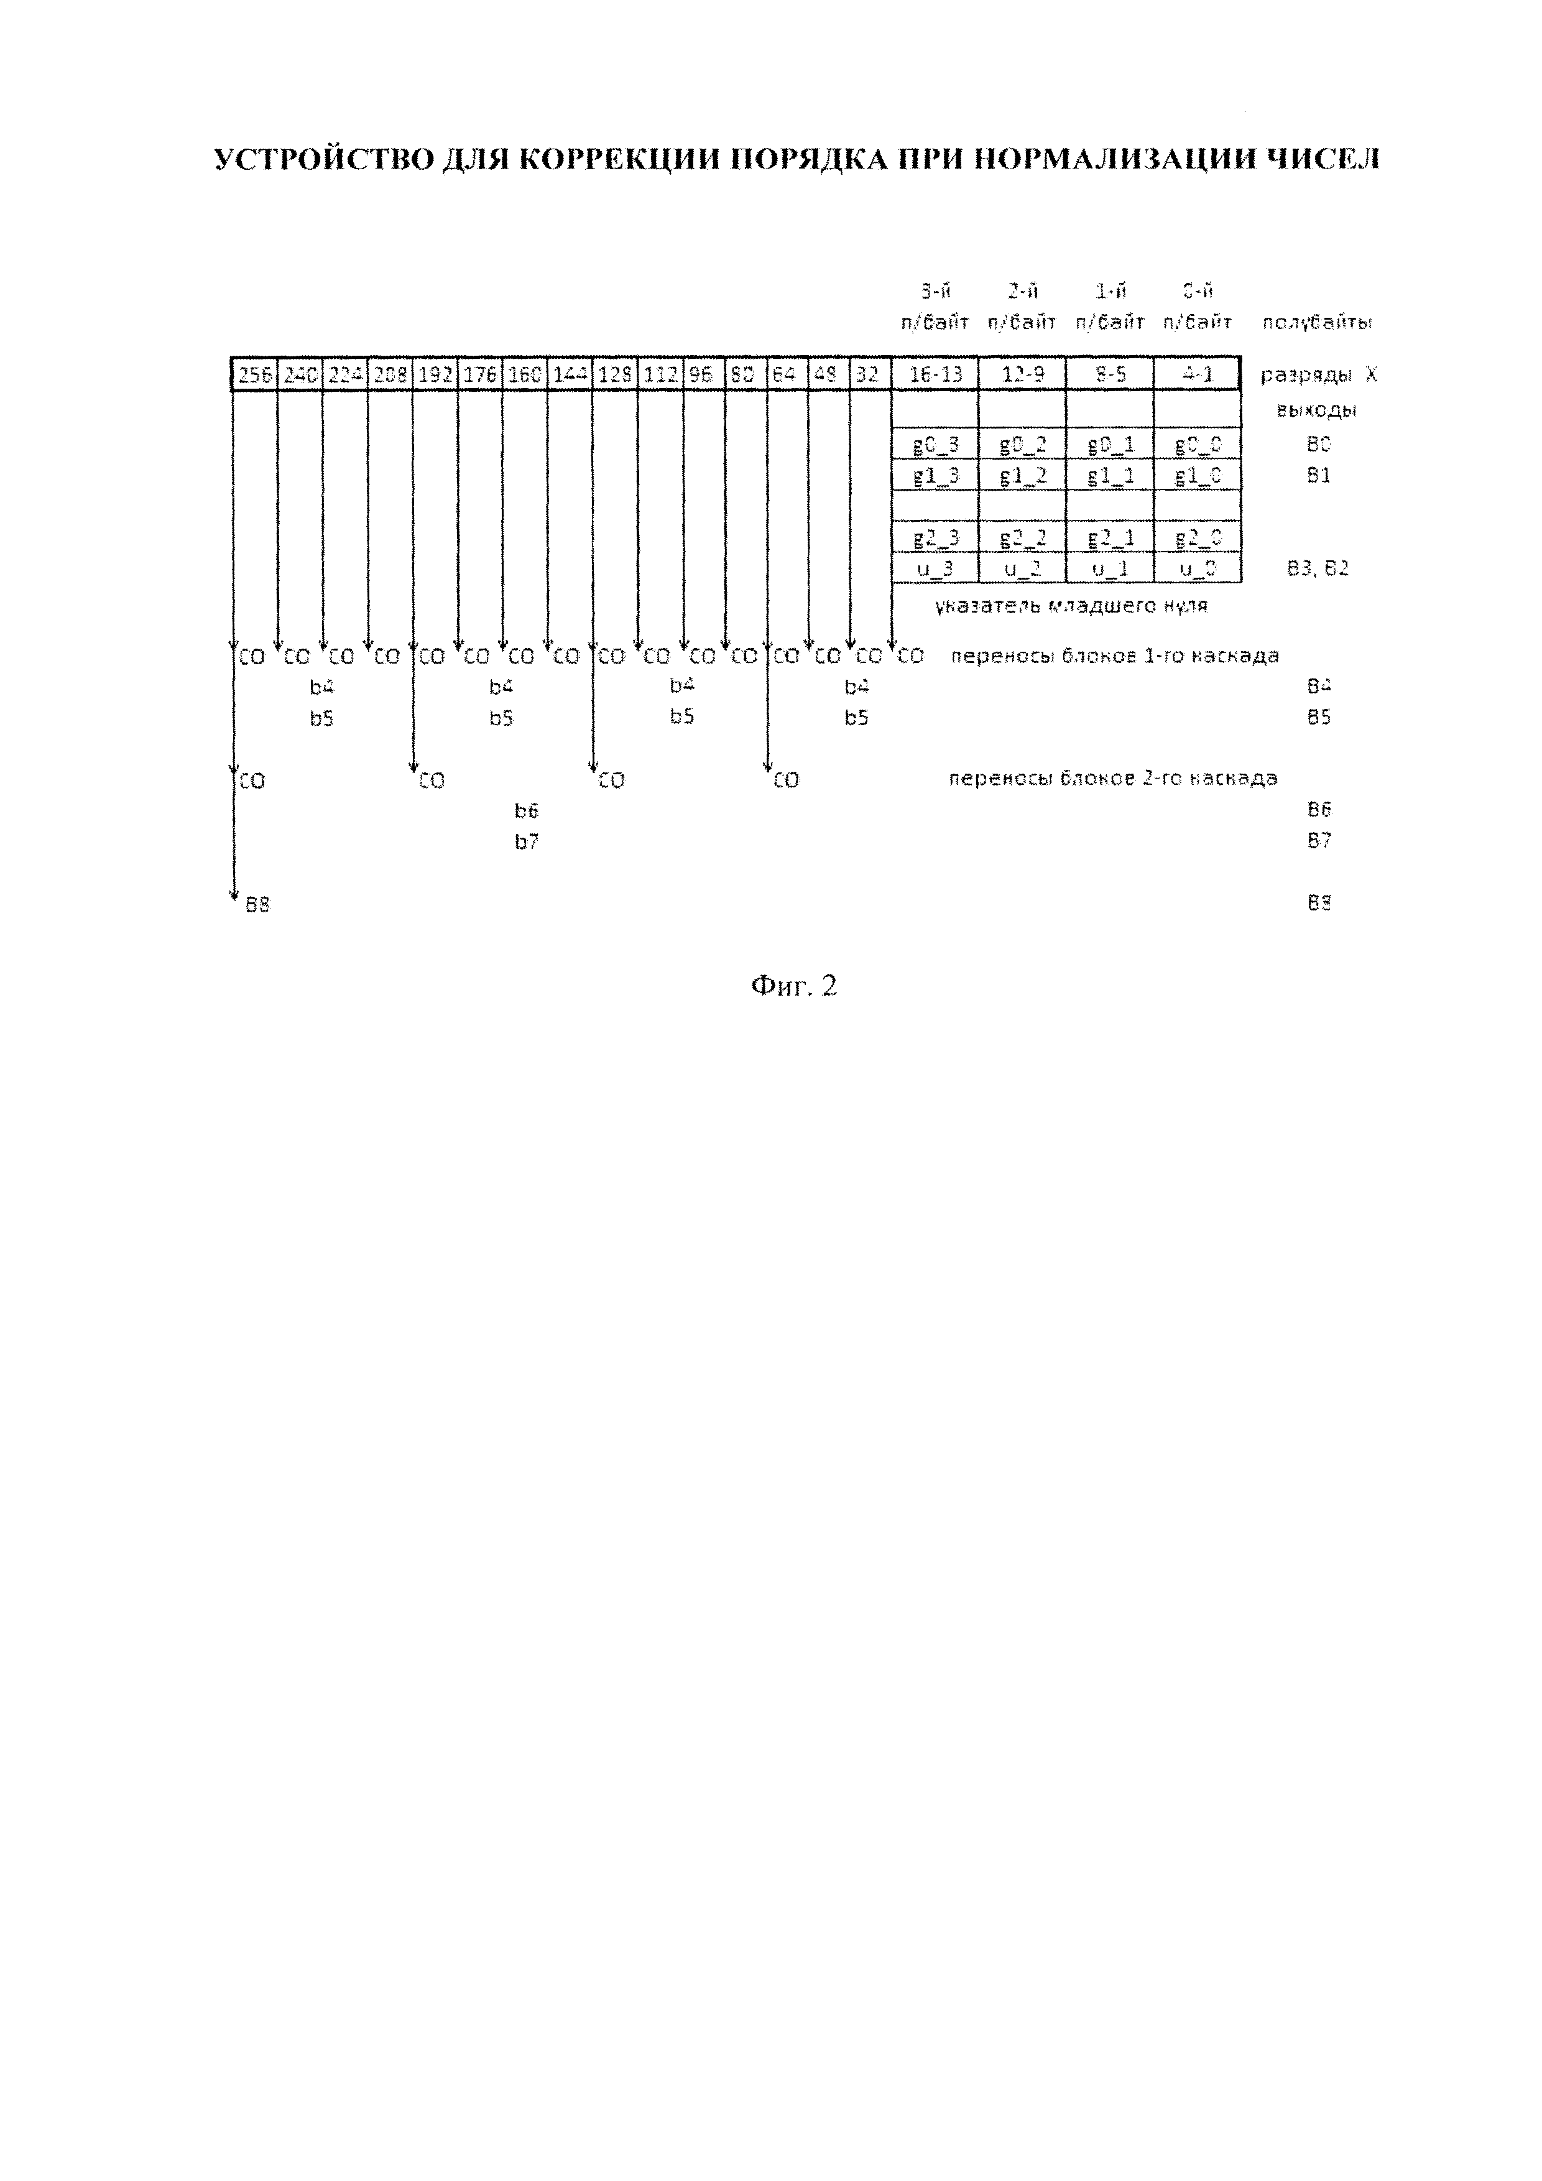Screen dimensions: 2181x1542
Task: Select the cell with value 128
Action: click(616, 374)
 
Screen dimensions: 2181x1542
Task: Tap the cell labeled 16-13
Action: click(935, 374)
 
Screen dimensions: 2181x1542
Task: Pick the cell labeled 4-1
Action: click(1198, 374)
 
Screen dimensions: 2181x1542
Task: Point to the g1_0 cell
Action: click(1198, 475)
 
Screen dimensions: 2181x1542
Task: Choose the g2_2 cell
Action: click(1023, 538)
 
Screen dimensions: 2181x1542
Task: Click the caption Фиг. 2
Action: click(794, 986)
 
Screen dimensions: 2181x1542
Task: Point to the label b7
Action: click(527, 841)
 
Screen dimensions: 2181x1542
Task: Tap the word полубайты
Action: click(1318, 323)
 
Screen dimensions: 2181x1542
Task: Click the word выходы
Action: click(1318, 411)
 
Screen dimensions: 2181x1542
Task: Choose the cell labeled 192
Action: click(435, 374)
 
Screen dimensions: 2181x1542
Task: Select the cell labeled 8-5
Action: click(1110, 374)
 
